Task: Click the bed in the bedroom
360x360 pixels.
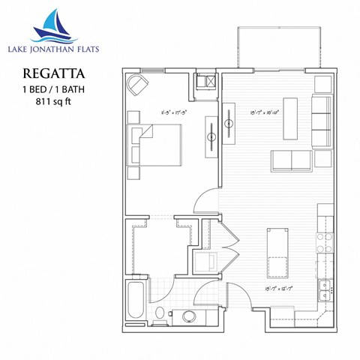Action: point(158,145)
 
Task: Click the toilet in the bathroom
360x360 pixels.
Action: point(160,313)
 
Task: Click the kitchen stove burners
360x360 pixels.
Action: point(323,241)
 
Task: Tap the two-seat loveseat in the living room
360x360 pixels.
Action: point(291,160)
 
